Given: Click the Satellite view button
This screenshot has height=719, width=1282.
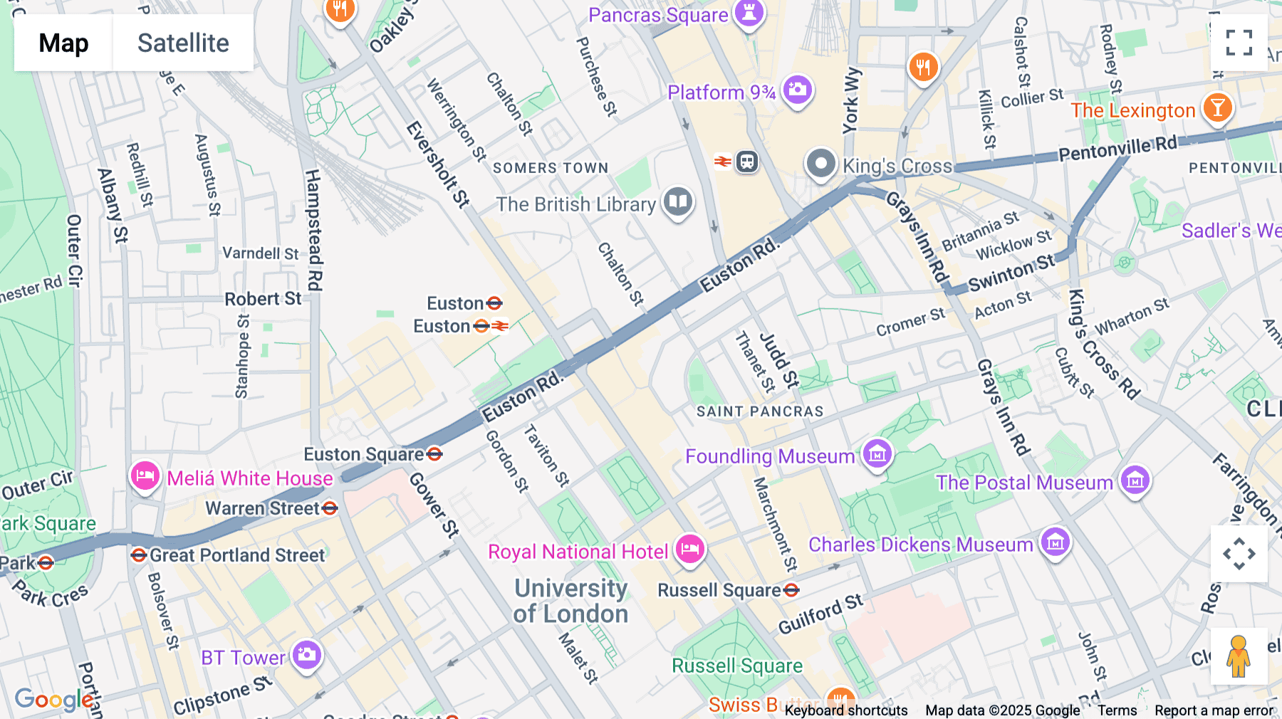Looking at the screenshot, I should (x=183, y=43).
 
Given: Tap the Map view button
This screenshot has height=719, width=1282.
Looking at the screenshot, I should (x=63, y=43).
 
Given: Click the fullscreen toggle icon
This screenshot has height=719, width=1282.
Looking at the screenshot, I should (x=1239, y=43).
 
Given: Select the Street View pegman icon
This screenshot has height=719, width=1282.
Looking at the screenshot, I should (x=1239, y=656).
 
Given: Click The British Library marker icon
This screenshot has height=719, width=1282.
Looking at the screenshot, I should (x=678, y=202).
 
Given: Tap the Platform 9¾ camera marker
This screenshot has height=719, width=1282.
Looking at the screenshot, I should (x=797, y=90).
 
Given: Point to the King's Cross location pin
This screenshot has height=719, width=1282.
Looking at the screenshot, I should (x=820, y=164).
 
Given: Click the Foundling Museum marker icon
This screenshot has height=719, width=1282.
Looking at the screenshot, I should (x=877, y=453).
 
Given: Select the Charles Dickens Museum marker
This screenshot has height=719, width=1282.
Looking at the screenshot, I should (x=1055, y=542).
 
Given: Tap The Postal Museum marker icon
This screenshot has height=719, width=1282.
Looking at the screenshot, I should (x=1135, y=481).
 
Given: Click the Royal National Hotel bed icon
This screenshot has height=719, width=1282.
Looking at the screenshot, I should (x=689, y=549).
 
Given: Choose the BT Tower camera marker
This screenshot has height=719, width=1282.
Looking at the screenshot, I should (x=307, y=654).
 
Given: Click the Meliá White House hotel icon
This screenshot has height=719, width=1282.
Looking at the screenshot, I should (x=145, y=476).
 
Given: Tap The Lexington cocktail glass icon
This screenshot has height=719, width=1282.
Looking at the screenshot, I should (x=1217, y=107).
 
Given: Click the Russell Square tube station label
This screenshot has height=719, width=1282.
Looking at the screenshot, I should (x=719, y=590).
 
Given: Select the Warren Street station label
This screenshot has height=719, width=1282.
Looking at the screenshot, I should (x=263, y=508).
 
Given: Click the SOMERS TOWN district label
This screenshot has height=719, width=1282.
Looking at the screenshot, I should (x=551, y=168).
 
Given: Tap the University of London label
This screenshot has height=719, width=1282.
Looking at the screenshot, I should (x=571, y=601).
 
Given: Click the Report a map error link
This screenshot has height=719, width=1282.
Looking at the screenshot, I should (x=1214, y=710).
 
